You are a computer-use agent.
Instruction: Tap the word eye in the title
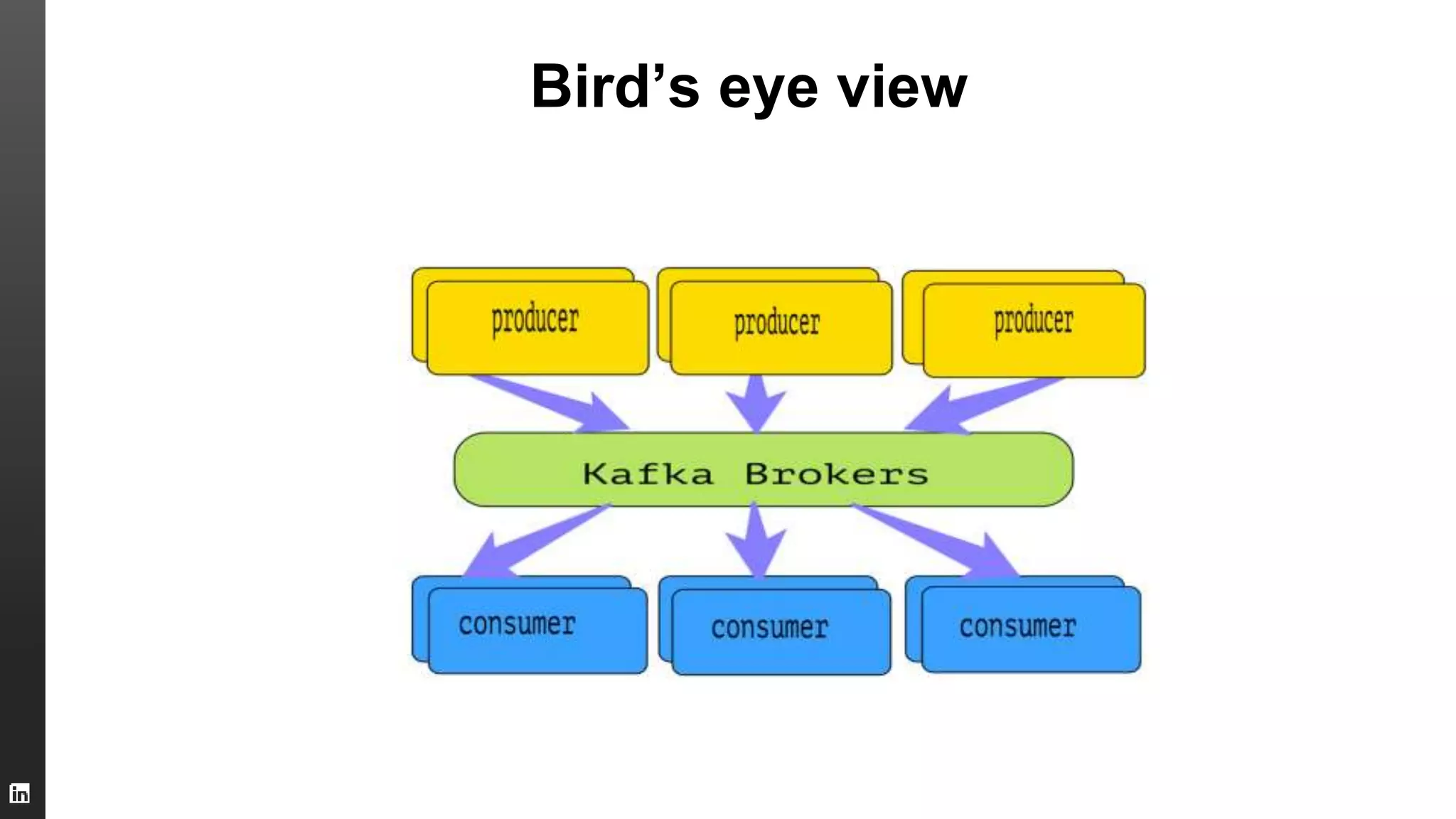(x=768, y=91)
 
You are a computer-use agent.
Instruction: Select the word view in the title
(x=901, y=87)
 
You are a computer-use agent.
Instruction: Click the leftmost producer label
(x=535, y=320)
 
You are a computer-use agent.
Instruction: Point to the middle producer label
(x=776, y=323)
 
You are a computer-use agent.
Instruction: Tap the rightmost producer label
(x=1033, y=321)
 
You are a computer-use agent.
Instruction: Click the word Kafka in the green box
(x=648, y=474)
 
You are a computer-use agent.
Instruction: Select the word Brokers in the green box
(x=836, y=474)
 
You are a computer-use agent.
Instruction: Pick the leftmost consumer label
(x=517, y=624)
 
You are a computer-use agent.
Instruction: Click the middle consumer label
(x=769, y=628)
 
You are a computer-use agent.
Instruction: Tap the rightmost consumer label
(x=1017, y=626)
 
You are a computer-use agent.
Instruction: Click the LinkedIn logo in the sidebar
(x=19, y=793)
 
